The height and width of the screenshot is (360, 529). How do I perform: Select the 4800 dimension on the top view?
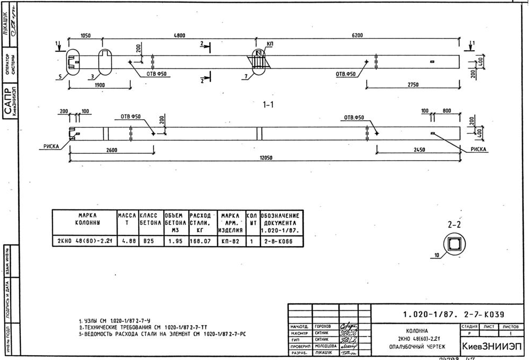[x=179, y=36]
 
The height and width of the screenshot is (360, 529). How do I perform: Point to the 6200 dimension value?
[x=357, y=36]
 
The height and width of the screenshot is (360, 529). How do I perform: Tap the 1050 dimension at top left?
[x=85, y=36]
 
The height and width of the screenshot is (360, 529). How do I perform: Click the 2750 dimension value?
[x=413, y=85]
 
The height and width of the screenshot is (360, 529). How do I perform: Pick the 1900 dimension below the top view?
[x=99, y=85]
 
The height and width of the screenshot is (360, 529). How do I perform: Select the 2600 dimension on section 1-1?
[x=111, y=150]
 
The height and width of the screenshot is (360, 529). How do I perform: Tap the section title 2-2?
[x=454, y=225]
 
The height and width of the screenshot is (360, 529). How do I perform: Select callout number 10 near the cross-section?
[x=437, y=255]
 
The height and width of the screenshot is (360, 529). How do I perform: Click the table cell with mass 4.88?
[x=127, y=241]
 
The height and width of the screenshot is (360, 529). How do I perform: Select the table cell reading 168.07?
[x=201, y=241]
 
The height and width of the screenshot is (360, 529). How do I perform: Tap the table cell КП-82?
[x=230, y=241]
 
